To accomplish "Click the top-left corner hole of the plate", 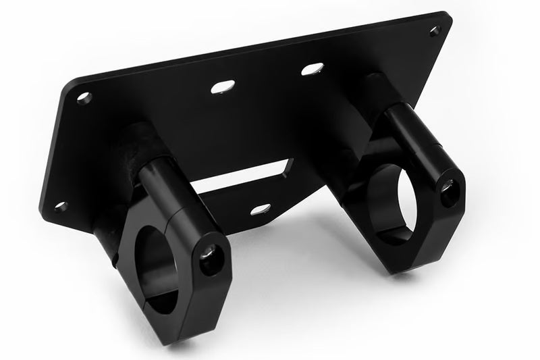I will click(84, 97).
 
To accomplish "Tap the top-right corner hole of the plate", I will click(434, 29).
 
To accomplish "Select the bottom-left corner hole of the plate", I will click(61, 205).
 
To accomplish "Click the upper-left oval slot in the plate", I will click(221, 86).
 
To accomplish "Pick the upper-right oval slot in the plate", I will click(311, 68).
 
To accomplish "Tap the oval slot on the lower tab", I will click(260, 209).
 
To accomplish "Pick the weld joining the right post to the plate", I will click(378, 88).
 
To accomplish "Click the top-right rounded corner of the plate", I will click(447, 16).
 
